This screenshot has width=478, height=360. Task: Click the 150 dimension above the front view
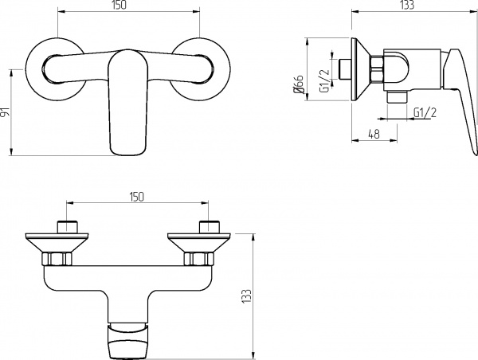119,6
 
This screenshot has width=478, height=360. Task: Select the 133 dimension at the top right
407,5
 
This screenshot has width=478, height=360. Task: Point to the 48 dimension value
374,134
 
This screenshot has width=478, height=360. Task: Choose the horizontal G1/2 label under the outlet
425,112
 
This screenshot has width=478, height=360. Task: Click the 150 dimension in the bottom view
135,197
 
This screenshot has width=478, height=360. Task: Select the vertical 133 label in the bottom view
247,295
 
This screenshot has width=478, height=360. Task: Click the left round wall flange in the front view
55,69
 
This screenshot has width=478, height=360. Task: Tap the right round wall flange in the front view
200,69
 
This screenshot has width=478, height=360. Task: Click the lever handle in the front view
127,103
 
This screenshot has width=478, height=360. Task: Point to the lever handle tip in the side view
475,154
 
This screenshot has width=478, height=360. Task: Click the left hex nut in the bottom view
57,259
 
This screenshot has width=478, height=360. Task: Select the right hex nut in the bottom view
198,259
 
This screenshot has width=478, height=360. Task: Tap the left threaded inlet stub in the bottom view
67,226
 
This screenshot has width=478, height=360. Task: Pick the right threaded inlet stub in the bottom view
209,226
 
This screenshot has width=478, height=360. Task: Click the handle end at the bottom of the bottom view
127,341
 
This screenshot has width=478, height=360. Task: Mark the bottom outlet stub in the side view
397,98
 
